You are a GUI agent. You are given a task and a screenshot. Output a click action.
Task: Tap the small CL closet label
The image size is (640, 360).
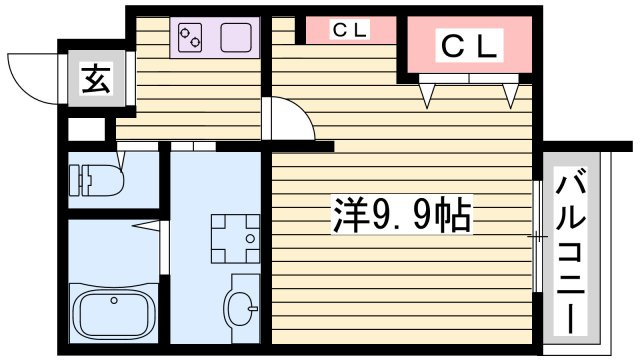point(350,30)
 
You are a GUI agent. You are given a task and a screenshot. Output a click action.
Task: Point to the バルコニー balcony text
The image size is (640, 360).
point(571,252)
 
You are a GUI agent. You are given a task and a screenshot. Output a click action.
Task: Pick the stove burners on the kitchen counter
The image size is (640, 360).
point(190,39)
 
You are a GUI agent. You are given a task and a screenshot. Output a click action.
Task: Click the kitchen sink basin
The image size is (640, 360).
point(236,39)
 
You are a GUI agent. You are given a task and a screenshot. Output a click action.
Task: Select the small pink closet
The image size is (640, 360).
point(350,30)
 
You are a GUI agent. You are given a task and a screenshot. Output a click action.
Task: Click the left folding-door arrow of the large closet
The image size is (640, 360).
point(431,95)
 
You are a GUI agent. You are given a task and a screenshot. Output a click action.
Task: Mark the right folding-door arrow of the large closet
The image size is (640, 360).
point(512,95)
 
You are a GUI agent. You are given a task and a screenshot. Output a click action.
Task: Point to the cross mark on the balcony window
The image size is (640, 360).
point(540,237)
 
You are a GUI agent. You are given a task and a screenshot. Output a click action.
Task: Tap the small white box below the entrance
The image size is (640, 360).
point(86,129)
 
